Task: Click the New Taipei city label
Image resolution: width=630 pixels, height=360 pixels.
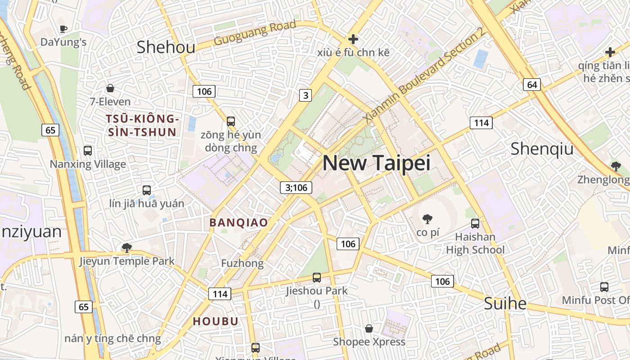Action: (376, 163)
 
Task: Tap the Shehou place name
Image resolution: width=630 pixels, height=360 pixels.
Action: (166, 47)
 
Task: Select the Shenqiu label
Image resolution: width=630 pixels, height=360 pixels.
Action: (542, 148)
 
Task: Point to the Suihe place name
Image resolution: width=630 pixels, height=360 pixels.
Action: (505, 303)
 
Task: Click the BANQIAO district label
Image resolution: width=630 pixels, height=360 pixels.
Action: (238, 222)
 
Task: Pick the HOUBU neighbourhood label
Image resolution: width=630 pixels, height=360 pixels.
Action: (216, 321)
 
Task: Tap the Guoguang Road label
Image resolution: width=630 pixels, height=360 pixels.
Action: (255, 33)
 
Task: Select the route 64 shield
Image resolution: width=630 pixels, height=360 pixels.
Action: (532, 85)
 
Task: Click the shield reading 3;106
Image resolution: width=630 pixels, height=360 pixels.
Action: (296, 188)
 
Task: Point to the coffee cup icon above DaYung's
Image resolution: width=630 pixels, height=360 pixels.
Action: (63, 29)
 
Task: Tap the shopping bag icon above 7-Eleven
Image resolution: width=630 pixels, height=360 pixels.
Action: (110, 88)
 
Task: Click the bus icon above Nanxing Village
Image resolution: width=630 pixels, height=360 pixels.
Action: (88, 151)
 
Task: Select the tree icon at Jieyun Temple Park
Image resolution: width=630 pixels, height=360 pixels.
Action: (127, 247)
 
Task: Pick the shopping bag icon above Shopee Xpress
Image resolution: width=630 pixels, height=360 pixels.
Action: (369, 328)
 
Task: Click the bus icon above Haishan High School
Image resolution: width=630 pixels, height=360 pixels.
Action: (475, 223)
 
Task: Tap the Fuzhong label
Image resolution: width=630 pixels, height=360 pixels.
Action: (242, 263)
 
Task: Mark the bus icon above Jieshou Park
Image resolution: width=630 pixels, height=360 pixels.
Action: (317, 277)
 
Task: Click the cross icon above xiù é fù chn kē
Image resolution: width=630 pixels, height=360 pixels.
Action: (353, 39)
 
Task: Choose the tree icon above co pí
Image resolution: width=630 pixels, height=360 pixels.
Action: (427, 219)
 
